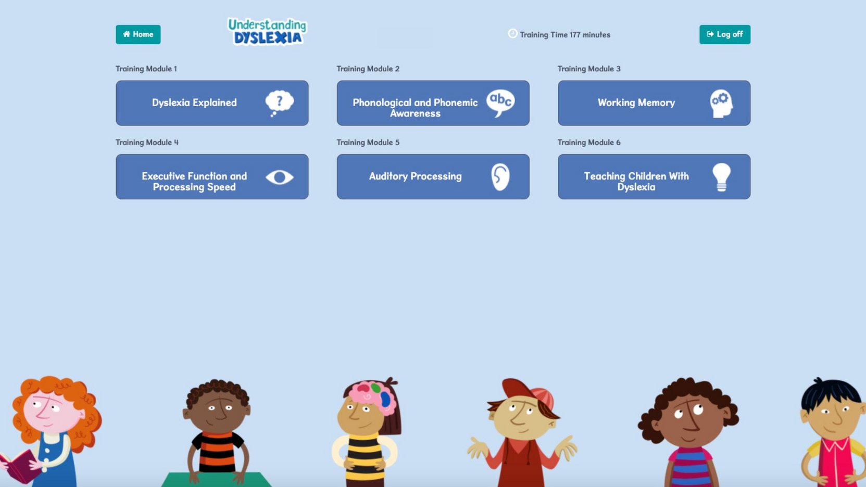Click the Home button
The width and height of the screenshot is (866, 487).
coord(138,34)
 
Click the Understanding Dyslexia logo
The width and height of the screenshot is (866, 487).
coord(267,32)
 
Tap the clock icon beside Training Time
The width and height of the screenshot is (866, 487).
coord(512,34)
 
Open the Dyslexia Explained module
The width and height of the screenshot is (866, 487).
coord(212,102)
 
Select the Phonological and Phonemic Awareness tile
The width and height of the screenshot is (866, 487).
coord(433,102)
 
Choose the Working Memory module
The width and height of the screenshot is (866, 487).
coord(654,102)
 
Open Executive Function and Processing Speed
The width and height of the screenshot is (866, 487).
coord(212,176)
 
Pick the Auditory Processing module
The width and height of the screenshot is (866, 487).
coord(433,176)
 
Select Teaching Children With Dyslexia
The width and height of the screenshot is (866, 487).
coord(654,176)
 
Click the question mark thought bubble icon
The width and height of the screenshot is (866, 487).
coord(279,102)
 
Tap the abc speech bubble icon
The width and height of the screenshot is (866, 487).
coord(500,102)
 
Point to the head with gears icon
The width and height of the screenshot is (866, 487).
coord(721,104)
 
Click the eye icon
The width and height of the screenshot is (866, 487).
coord(279,177)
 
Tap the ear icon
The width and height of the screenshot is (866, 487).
coord(500,177)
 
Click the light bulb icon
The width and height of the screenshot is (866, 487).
coord(721,177)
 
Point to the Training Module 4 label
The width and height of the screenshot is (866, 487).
coord(147,142)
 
